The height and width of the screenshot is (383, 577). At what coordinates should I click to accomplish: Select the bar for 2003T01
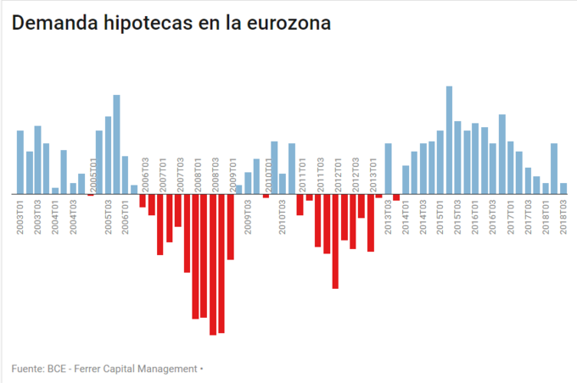(x=20, y=162)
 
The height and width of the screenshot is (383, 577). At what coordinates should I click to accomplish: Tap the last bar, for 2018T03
(x=563, y=188)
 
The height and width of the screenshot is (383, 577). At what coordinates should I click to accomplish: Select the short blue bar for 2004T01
(x=55, y=191)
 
